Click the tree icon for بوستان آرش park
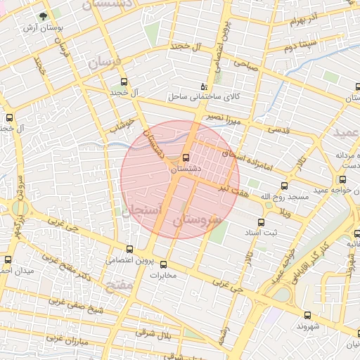(x=44, y=16)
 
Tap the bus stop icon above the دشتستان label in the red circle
(x=186, y=158)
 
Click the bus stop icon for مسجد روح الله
(x=284, y=186)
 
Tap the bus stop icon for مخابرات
(x=164, y=264)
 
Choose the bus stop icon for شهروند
(x=307, y=314)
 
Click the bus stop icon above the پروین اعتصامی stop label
(x=129, y=248)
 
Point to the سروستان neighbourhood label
(x=197, y=220)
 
